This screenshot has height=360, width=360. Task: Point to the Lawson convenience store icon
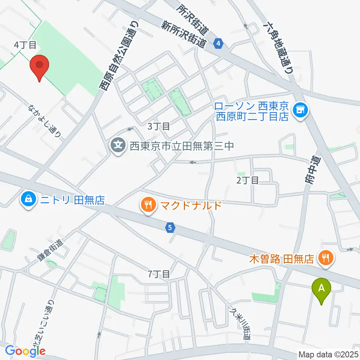(x=300, y=110)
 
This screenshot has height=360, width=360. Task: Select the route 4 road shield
(x=218, y=44)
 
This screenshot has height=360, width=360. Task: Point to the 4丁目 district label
(x=25, y=45)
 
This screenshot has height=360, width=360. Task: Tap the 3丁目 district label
(x=159, y=126)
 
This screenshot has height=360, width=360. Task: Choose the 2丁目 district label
(x=247, y=180)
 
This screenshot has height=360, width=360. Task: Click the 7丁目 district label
(x=159, y=274)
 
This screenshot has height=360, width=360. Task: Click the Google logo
(x=25, y=351)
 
